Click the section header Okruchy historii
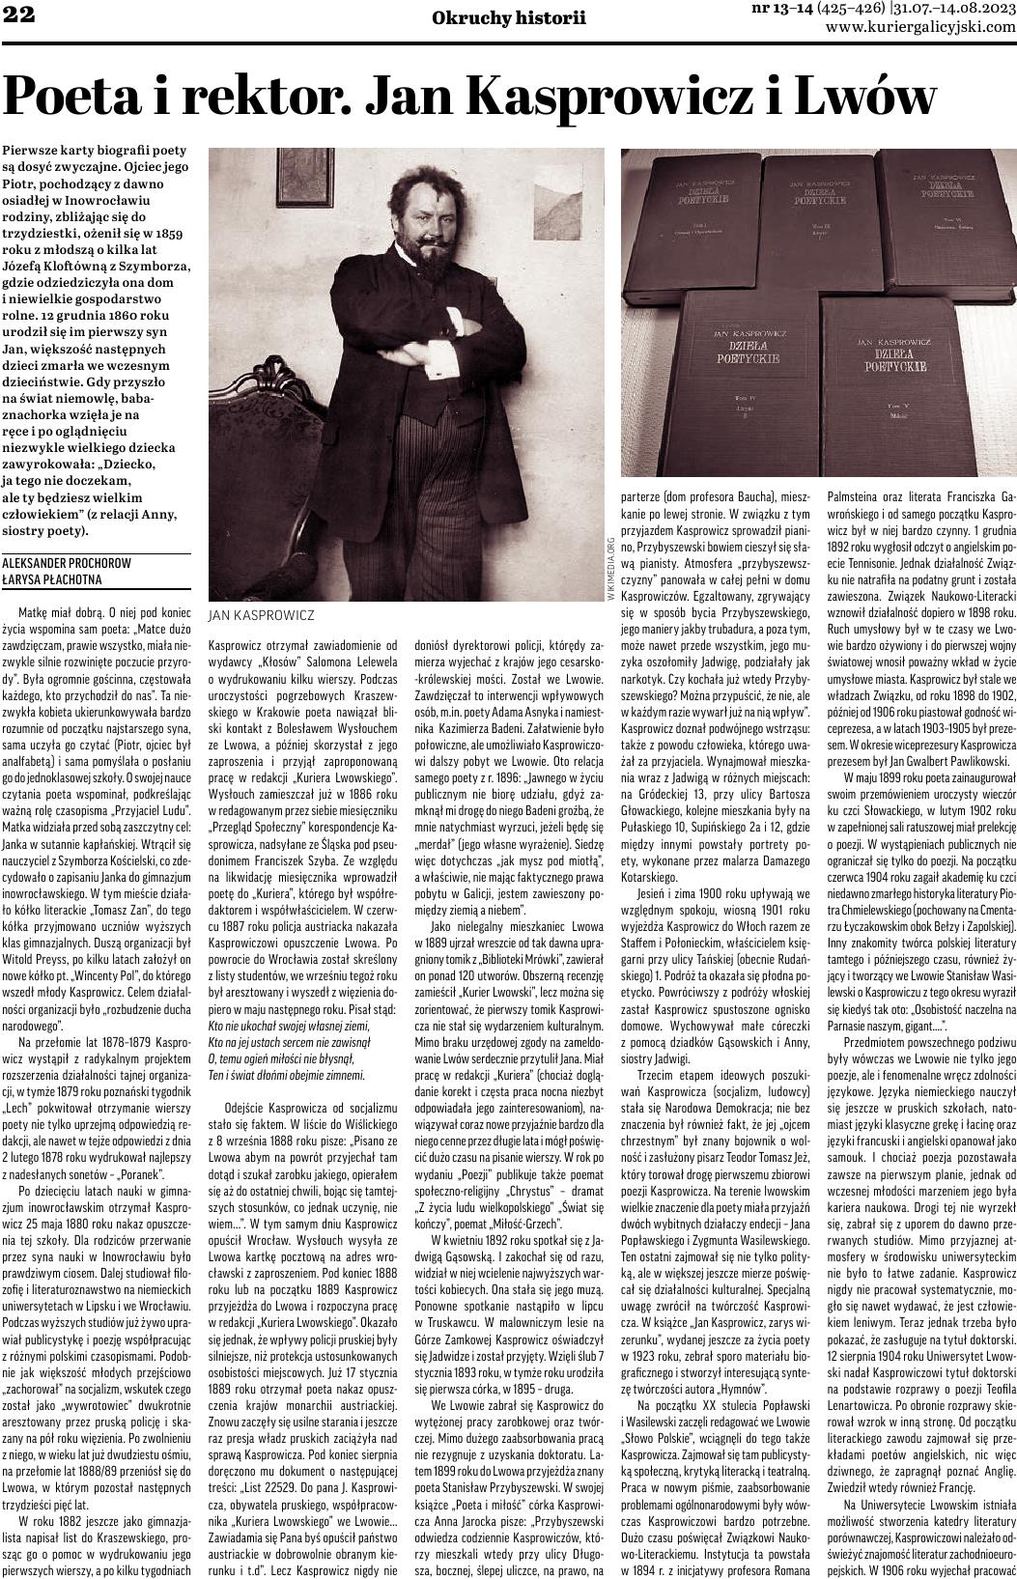coord(509,16)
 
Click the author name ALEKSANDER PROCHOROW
coord(67,562)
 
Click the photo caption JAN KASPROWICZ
coord(261,614)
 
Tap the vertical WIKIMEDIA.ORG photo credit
coord(610,568)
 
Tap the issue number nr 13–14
coord(781,9)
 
